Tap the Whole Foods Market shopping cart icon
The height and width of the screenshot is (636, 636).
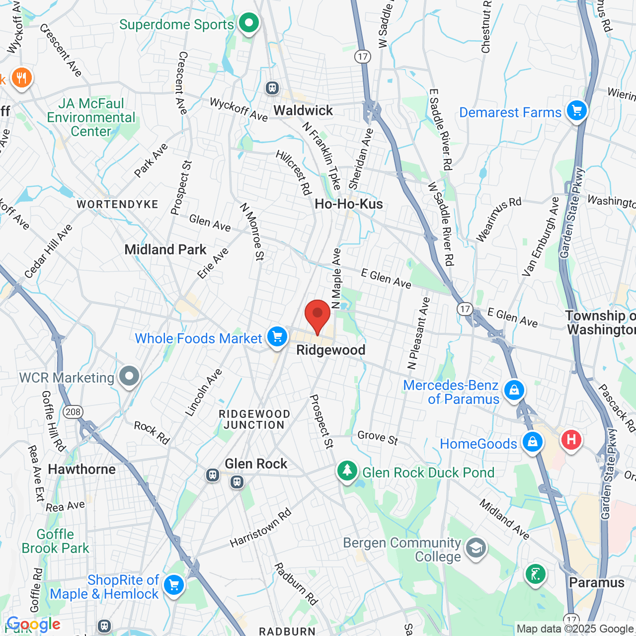pos(277,337)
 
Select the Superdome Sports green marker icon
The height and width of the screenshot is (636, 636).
pos(248,23)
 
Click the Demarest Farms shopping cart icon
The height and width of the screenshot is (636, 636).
pos(576,110)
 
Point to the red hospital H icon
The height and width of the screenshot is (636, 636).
pos(571,440)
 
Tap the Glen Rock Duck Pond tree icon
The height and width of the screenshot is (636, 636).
pos(347,470)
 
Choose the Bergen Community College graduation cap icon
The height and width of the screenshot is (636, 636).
pos(476,548)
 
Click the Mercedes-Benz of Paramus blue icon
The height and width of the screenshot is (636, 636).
pos(514,390)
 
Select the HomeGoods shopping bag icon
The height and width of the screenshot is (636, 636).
pos(532,442)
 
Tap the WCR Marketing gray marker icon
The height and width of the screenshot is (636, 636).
pos(129,376)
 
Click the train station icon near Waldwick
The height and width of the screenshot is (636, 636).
pos(272,88)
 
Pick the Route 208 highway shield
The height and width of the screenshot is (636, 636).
pos(73,411)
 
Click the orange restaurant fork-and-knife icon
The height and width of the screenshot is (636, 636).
pos(21,78)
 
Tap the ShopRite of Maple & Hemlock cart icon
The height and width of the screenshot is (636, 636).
pos(173,585)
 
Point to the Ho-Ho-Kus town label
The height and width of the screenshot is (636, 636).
pos(349,204)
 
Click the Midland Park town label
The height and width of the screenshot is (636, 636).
pos(165,249)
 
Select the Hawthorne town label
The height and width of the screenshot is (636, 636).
pos(81,469)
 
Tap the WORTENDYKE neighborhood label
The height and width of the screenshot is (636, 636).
pos(117,204)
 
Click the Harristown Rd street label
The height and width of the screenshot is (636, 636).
pos(260,528)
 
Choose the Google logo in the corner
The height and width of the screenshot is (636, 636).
pos(33,625)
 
